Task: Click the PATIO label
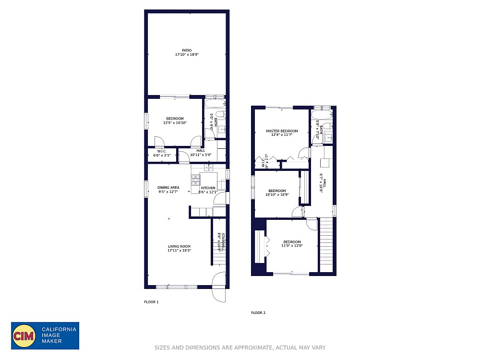click(187, 50)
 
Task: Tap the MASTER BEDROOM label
click(282, 131)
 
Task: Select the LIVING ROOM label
click(179, 246)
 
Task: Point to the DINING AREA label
click(168, 188)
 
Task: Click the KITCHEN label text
click(208, 188)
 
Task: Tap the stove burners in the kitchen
click(196, 180)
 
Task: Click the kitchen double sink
click(209, 168)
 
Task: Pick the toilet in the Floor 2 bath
click(326, 126)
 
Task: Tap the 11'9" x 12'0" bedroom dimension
click(291, 246)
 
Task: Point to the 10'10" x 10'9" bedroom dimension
click(277, 195)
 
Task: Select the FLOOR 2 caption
click(258, 313)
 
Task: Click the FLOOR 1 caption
click(151, 302)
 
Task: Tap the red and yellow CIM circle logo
click(24, 336)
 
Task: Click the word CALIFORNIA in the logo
click(59, 329)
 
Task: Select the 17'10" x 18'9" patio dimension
click(187, 55)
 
